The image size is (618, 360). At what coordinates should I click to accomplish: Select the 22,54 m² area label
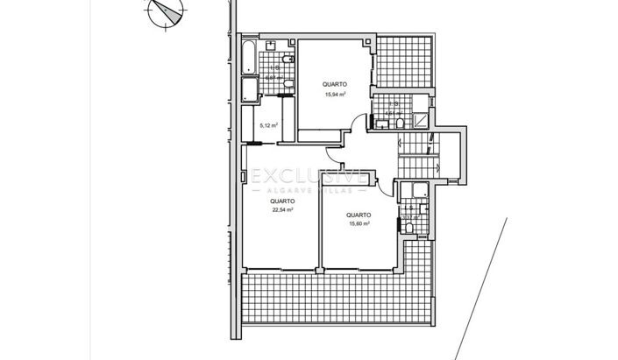(x=282, y=210)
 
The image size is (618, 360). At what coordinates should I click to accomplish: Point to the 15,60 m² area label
(x=358, y=223)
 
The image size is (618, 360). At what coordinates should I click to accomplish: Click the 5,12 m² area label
(x=268, y=125)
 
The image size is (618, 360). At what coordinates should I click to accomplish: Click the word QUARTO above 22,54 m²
(x=282, y=201)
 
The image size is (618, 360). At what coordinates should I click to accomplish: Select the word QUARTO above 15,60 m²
(x=358, y=215)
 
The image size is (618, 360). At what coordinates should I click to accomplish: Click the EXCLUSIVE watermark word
(x=308, y=176)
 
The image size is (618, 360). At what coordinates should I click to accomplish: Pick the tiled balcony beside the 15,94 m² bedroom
(x=402, y=62)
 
